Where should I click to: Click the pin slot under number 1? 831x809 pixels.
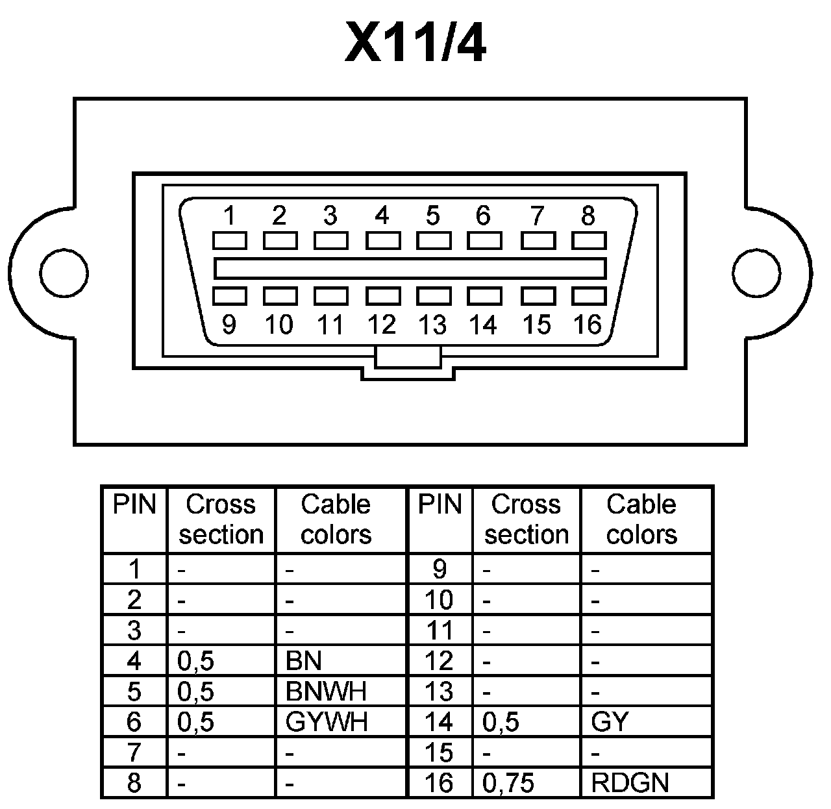coord(230,241)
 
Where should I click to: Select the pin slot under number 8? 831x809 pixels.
coord(589,241)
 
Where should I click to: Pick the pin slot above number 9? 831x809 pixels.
coord(230,296)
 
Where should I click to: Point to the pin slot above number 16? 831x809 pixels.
coord(589,296)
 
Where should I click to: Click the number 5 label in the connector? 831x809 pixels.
coord(432,215)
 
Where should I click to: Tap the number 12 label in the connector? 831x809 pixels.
coord(382,324)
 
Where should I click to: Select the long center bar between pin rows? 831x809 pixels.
coord(410,268)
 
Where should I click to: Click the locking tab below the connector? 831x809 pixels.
coord(408,357)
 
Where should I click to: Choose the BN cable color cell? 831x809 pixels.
coord(304,661)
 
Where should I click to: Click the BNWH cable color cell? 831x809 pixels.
coord(326,691)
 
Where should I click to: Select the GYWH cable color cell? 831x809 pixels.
coord(327,722)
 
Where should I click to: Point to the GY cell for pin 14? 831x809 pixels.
coord(610,722)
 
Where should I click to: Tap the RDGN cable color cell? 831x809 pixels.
coord(630,783)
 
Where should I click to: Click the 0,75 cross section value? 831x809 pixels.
coord(508,783)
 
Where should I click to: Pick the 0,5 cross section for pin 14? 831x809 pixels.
coord(501,722)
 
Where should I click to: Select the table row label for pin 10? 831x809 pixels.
coord(439,600)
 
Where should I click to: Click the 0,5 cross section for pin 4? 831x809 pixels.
coord(195,661)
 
